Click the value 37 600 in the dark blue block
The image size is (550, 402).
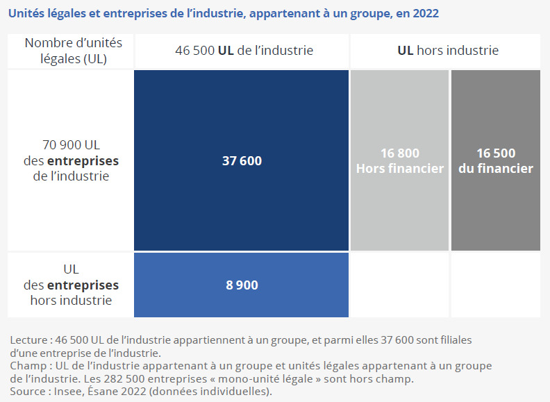tap(242, 161)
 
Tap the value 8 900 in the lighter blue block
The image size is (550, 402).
tap(242, 285)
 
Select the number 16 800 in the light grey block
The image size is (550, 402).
tap(400, 153)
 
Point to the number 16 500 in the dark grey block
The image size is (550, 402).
tap(496, 153)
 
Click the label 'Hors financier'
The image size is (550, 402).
tap(400, 169)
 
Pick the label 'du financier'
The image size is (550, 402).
tap(496, 169)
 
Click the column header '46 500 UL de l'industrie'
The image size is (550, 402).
tap(243, 51)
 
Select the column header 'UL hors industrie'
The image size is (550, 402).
tap(448, 51)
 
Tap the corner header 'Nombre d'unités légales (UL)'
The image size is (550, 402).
tap(73, 51)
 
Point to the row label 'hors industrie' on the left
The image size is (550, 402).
tap(71, 301)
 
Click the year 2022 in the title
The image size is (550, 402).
tap(425, 14)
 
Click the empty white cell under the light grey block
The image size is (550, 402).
tap(399, 285)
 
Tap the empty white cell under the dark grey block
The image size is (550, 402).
tap(495, 285)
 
